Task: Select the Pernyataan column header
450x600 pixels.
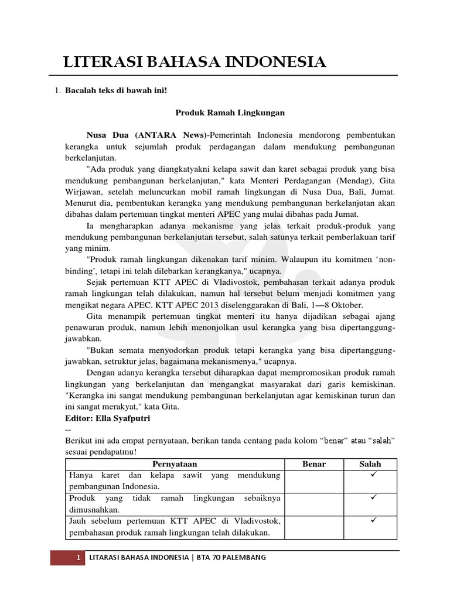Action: (x=173, y=464)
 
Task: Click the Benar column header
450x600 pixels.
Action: (x=313, y=464)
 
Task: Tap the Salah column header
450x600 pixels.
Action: (x=370, y=464)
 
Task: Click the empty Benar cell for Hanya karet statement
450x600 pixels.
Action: (x=313, y=480)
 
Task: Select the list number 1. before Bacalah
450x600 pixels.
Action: (x=57, y=91)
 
